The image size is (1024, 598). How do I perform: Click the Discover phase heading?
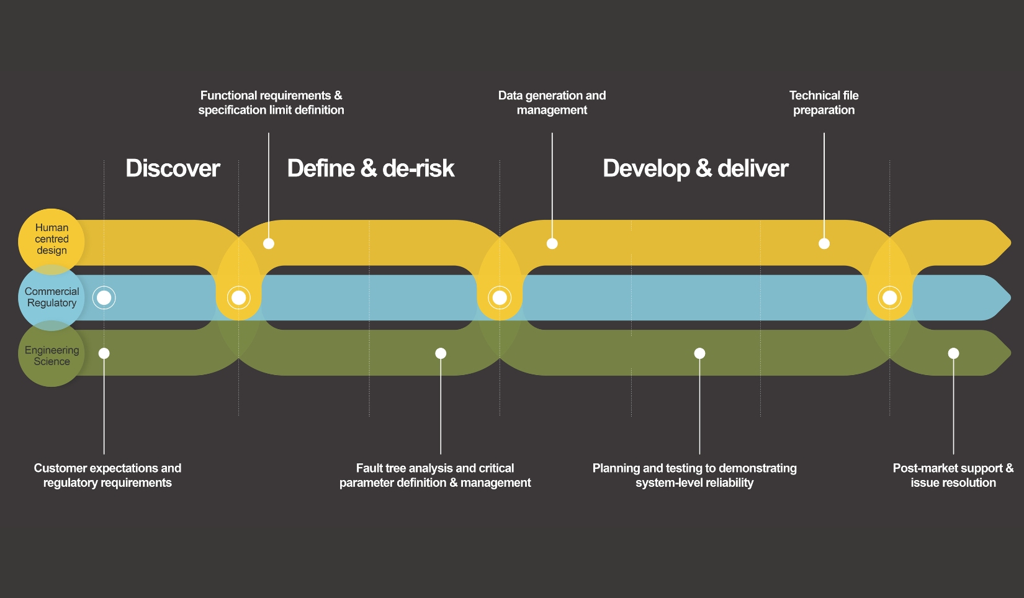tap(173, 168)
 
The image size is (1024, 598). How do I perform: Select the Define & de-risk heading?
tap(371, 168)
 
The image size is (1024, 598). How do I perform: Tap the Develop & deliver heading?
tap(695, 168)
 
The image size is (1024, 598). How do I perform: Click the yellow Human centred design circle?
tap(51, 239)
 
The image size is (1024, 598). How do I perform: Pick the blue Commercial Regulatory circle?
tap(52, 297)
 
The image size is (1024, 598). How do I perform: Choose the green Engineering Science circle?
tap(52, 356)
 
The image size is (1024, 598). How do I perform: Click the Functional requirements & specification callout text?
tap(271, 102)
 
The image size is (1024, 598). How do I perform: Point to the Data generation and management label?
tap(552, 102)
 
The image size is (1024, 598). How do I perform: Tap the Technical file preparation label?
tap(824, 102)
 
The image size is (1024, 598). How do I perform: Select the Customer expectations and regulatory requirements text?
tap(107, 475)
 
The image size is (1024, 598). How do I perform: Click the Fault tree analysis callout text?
tap(434, 475)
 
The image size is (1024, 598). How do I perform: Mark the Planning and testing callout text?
tap(694, 475)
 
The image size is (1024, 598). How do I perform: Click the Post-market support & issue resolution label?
tap(953, 475)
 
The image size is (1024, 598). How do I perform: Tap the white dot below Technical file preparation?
tap(824, 243)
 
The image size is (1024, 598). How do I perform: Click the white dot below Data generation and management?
tap(552, 243)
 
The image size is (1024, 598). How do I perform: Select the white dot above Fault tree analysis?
tap(441, 353)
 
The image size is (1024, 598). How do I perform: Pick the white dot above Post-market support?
tap(953, 353)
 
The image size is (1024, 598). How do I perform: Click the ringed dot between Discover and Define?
tap(238, 298)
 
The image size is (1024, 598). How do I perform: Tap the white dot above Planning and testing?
tap(699, 353)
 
